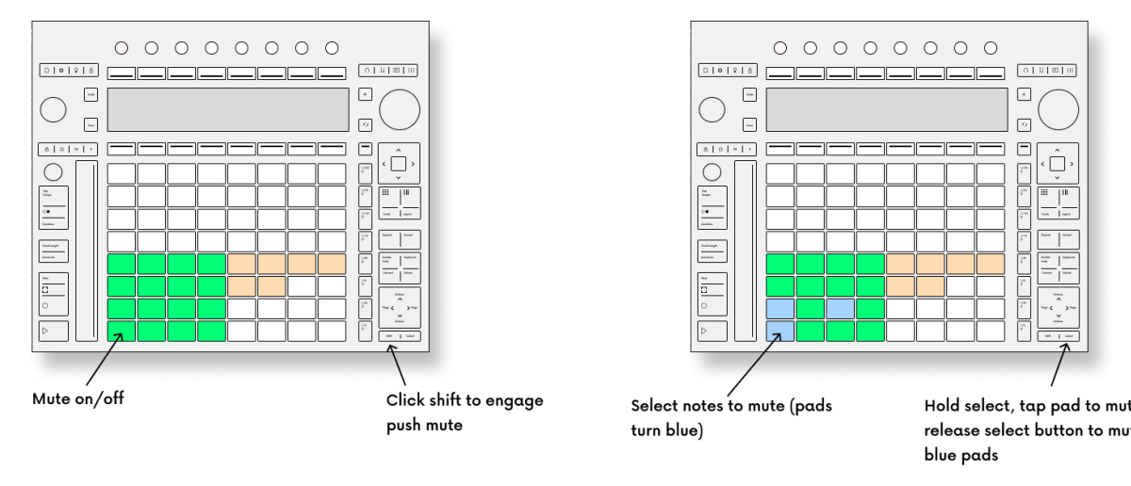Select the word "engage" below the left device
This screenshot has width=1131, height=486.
pyautogui.click(x=513, y=400)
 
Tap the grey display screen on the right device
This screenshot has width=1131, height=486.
pyautogui.click(x=886, y=109)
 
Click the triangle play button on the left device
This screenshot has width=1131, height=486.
pyautogui.click(x=54, y=330)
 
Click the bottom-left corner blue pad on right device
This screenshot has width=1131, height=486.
pyautogui.click(x=779, y=330)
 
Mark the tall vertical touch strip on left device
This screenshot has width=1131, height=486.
pyautogui.click(x=86, y=251)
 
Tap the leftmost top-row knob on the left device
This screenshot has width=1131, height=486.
pyautogui.click(x=122, y=46)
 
